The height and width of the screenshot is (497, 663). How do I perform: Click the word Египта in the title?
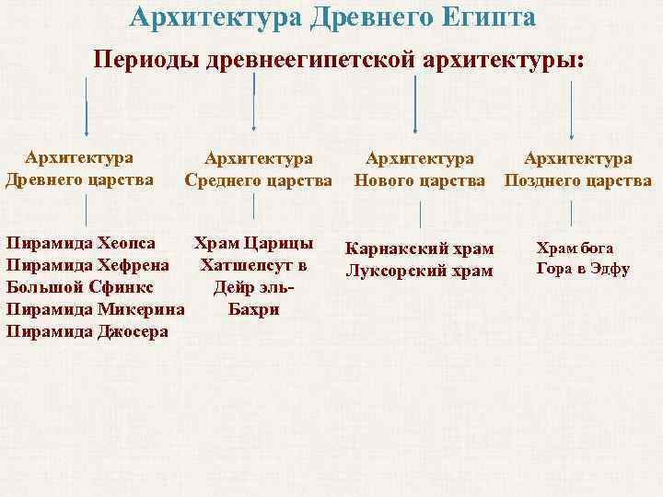(483, 17)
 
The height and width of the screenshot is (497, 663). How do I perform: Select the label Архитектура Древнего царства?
(79, 168)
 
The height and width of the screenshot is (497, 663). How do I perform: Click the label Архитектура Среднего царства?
(258, 169)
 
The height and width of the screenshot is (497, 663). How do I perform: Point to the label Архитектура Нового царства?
(420, 169)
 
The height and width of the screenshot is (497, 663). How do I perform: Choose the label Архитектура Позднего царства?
(577, 169)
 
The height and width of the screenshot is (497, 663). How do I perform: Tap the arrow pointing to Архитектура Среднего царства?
(254, 106)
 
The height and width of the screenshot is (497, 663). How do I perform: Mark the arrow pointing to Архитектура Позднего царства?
(573, 110)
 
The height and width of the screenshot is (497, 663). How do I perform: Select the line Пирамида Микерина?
(95, 309)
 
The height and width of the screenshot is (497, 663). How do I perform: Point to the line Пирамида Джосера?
(87, 330)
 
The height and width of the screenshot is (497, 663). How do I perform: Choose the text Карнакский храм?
(419, 249)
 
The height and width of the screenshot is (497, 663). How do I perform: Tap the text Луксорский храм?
(419, 271)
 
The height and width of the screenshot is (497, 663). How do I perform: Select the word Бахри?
(254, 309)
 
